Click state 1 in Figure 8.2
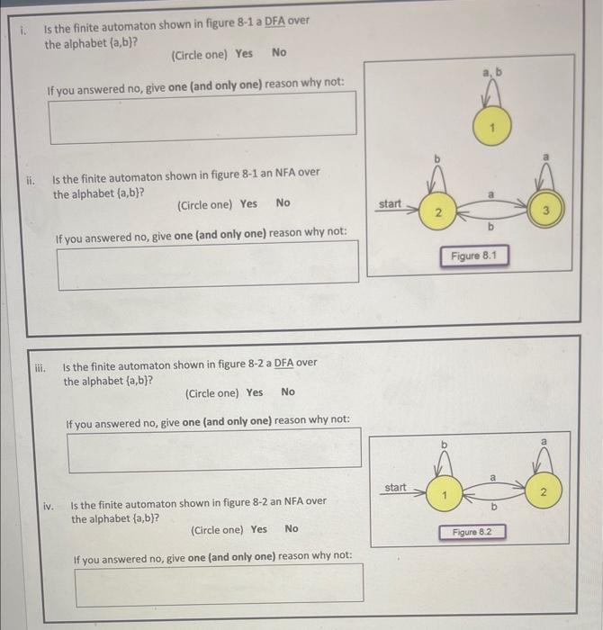(x=443, y=494)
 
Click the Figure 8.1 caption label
(x=473, y=256)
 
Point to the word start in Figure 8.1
(x=390, y=204)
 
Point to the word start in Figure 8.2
(x=396, y=488)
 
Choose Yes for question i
(x=244, y=54)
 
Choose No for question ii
(x=283, y=203)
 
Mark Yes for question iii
(x=255, y=392)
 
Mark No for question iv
(x=291, y=529)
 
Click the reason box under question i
(x=202, y=118)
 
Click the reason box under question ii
(x=208, y=267)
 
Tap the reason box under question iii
(x=214, y=449)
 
